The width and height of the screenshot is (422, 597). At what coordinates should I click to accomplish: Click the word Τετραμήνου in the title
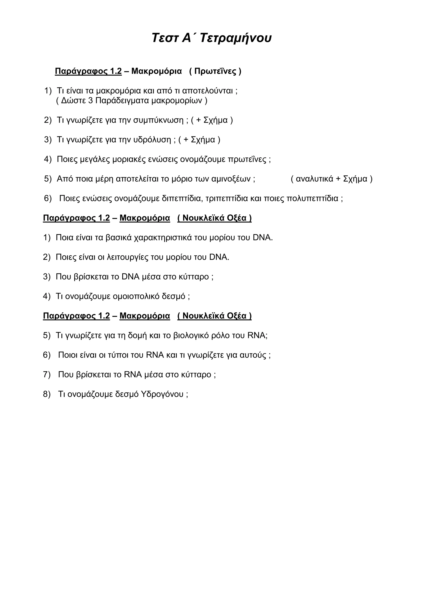tap(236, 38)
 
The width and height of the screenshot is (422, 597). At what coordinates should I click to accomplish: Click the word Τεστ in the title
tap(165, 38)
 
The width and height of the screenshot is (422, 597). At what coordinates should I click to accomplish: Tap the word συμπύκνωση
tap(158, 120)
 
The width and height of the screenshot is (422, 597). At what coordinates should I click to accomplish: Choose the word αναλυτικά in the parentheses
tap(314, 179)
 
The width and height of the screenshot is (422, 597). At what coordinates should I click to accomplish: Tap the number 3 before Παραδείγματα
tap(90, 101)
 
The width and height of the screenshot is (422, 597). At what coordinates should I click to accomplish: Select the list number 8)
tap(47, 394)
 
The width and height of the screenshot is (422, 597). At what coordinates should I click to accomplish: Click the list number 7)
tap(47, 375)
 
